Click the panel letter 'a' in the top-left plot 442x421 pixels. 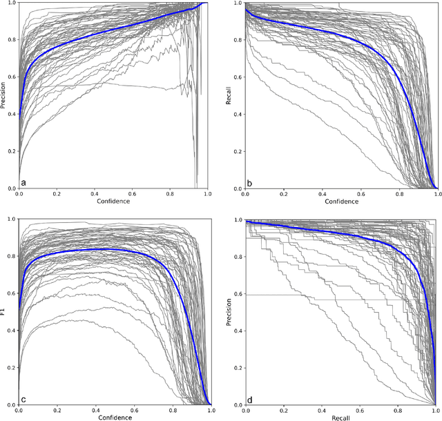23,182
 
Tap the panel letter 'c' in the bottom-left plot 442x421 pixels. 23,398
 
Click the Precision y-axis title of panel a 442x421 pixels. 4,95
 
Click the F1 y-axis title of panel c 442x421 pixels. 4,312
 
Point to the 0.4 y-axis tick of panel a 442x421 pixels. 12,114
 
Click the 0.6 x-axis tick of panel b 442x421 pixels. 361,195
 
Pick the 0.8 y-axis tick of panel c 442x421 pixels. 12,256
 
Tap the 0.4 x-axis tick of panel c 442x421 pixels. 95,411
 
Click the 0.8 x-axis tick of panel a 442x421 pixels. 171,195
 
